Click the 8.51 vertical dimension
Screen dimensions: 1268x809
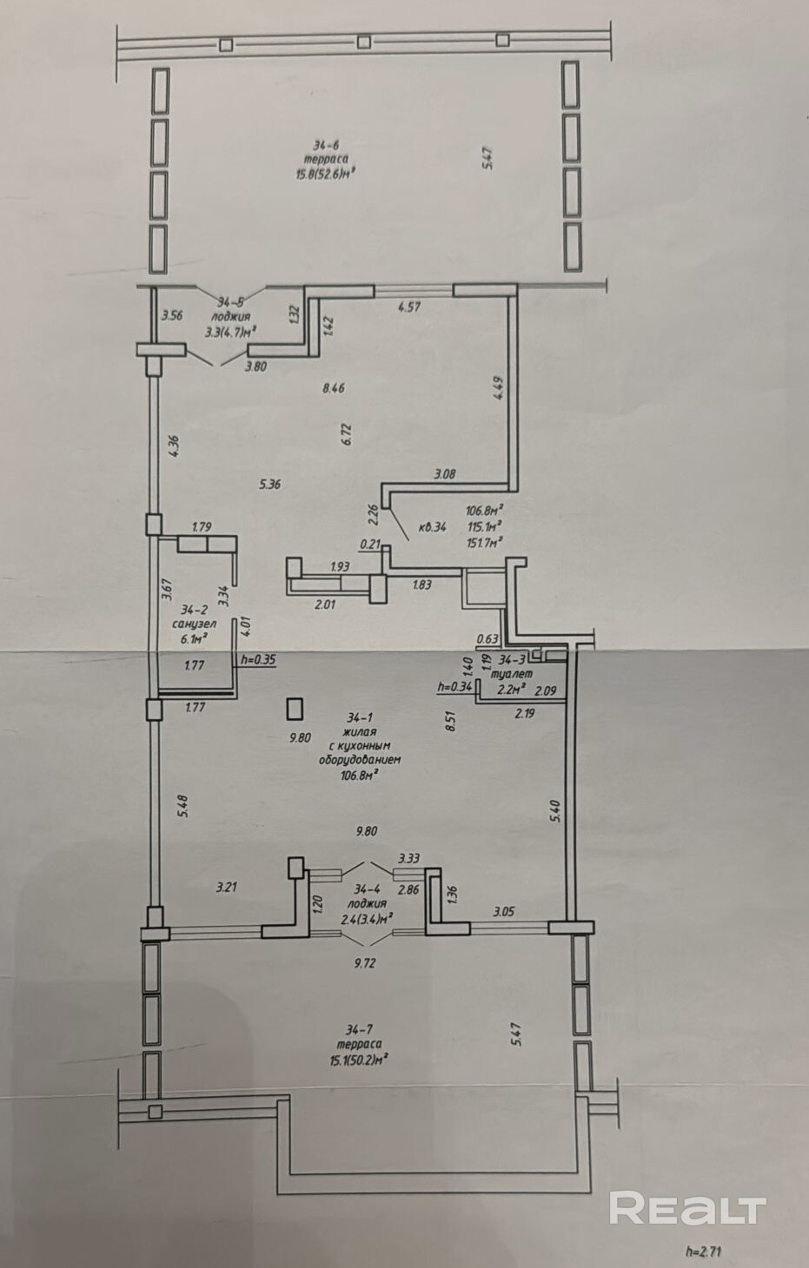pos(450,723)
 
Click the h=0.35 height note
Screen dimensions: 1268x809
pos(260,659)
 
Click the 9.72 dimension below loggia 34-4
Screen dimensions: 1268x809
pos(366,962)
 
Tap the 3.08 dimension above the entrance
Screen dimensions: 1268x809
pos(446,473)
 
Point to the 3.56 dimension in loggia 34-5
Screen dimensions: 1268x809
pos(171,315)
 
